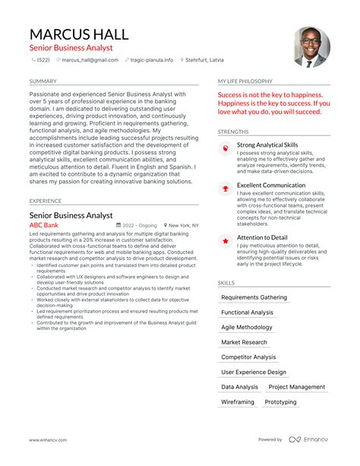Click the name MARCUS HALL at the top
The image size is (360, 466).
coord(79,34)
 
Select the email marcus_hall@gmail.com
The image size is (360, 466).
coord(89,60)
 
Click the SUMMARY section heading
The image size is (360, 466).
coord(43,81)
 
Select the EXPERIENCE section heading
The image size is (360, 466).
coord(46,201)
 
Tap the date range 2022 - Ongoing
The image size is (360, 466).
coord(139,226)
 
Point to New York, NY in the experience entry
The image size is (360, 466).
coord(183,226)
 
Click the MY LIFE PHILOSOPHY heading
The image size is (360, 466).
coord(245,81)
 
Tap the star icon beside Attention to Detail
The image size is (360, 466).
coord(226,240)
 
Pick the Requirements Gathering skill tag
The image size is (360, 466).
coord(254,297)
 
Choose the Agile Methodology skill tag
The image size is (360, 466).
coord(247,327)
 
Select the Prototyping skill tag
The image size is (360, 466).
coord(281,402)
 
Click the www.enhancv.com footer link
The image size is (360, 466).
coord(49,439)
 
